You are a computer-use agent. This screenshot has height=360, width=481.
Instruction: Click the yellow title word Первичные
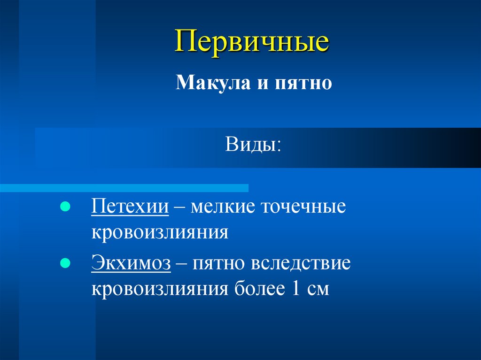[x=252, y=42]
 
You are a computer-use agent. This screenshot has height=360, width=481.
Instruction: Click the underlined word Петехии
[x=130, y=207]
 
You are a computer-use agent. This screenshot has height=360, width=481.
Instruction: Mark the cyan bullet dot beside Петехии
[x=65, y=207]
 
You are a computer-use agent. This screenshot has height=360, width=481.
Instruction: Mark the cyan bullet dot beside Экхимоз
[x=65, y=263]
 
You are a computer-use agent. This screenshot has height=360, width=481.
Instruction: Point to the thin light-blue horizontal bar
[x=124, y=188]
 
